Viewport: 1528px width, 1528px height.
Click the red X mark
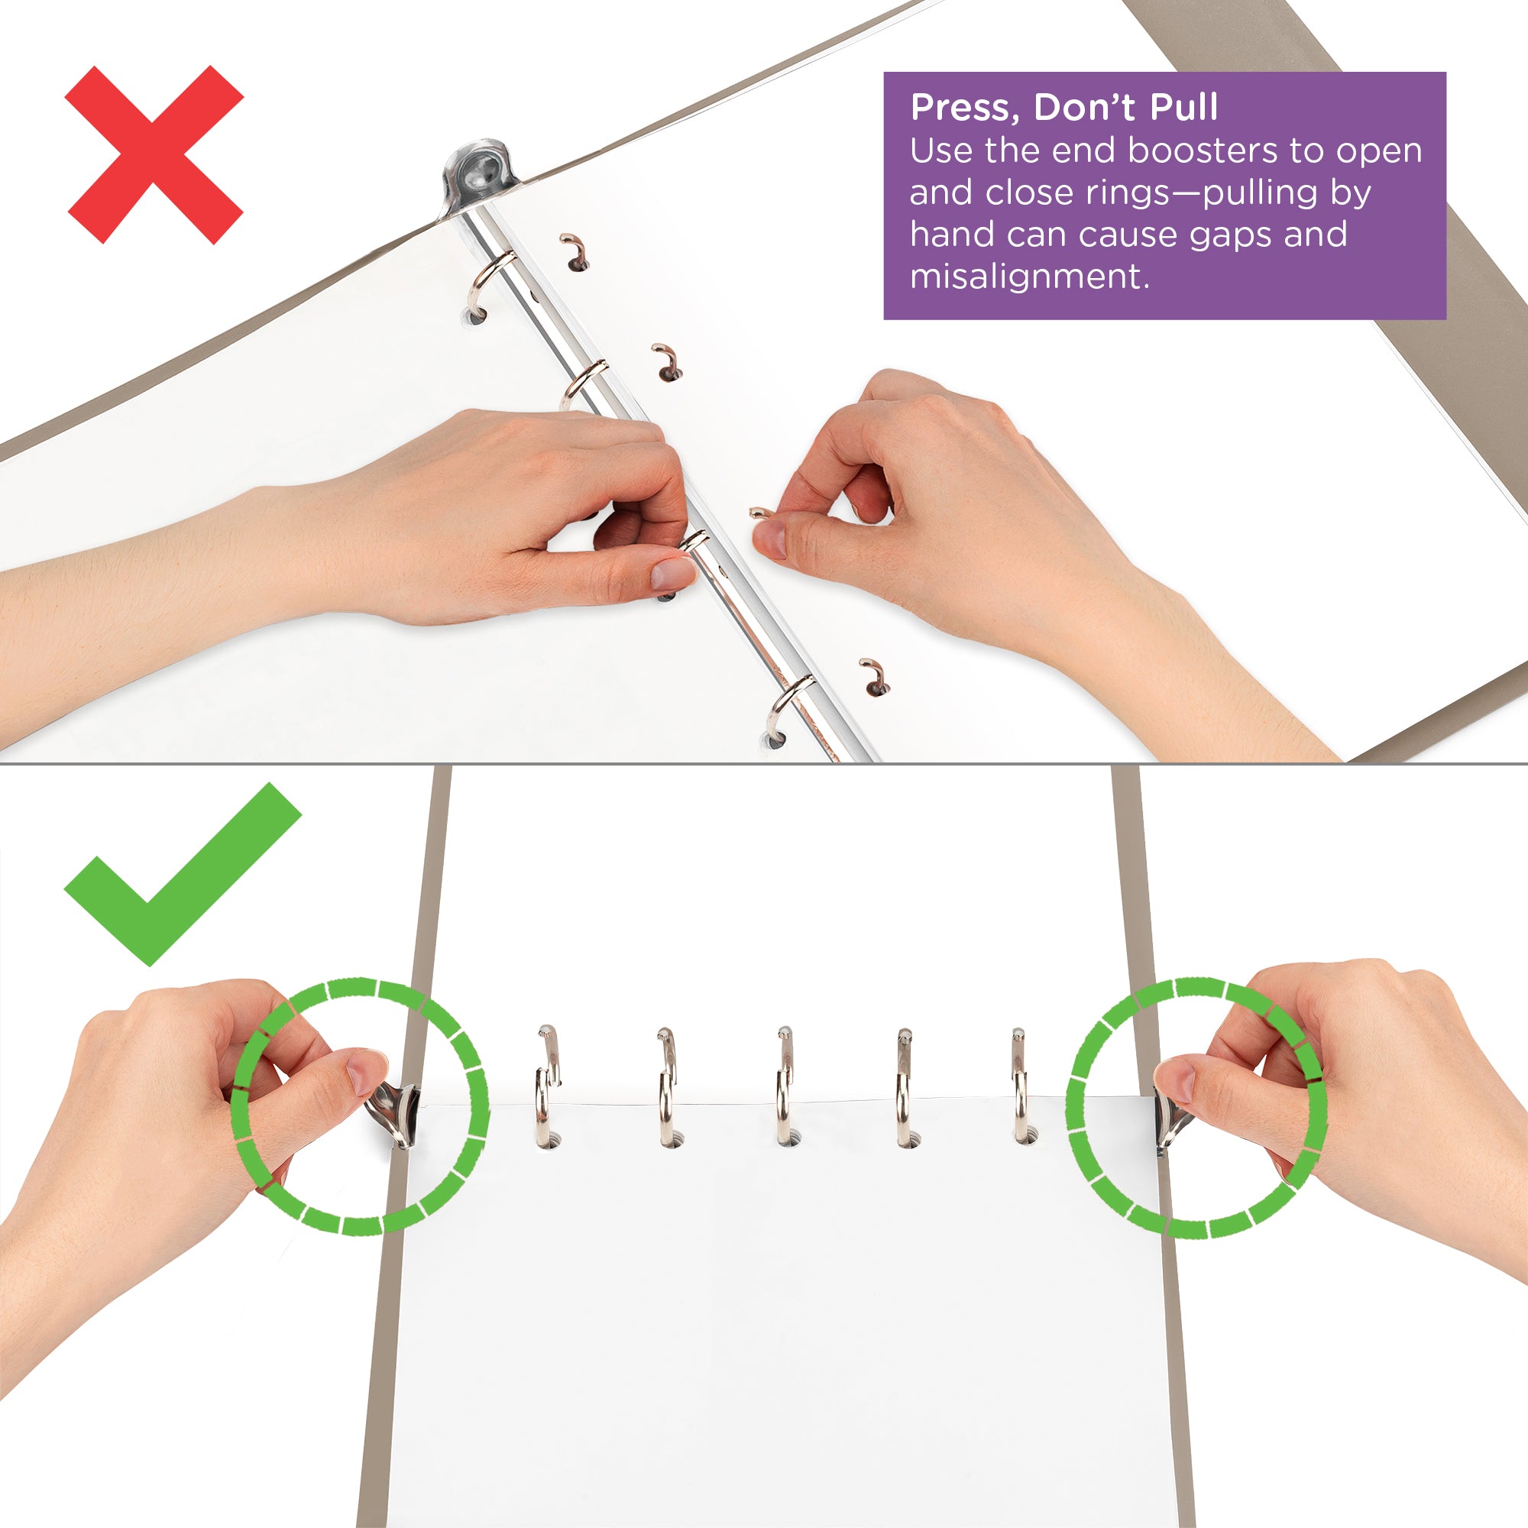(154, 155)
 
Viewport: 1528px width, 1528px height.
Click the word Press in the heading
(960, 108)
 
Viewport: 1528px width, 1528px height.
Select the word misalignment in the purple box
(1028, 277)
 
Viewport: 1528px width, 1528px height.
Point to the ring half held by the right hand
(759, 513)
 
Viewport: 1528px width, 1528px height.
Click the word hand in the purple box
(948, 235)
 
